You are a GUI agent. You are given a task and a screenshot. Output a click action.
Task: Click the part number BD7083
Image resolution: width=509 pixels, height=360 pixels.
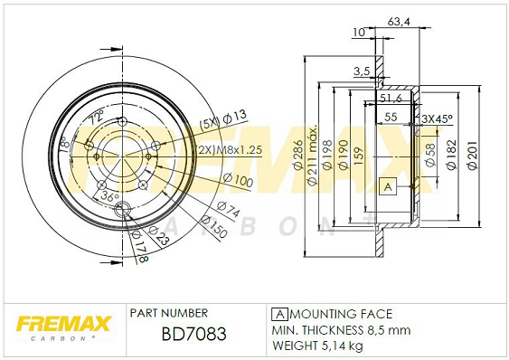[193, 334]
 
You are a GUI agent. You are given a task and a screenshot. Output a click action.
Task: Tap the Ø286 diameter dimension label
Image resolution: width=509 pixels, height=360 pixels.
[297, 155]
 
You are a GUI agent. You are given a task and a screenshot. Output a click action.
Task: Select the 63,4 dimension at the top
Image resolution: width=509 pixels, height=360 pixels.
[399, 22]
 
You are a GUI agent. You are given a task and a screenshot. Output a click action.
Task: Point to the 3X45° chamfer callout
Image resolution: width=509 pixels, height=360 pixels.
[437, 118]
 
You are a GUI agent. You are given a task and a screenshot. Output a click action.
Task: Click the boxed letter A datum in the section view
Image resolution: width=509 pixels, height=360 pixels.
[388, 186]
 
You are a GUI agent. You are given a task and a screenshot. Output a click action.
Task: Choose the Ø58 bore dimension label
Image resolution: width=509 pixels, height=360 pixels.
[430, 155]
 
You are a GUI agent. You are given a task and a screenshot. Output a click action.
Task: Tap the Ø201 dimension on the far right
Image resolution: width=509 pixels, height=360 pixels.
[473, 155]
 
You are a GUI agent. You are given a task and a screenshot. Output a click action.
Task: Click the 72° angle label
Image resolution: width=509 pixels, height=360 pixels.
[97, 117]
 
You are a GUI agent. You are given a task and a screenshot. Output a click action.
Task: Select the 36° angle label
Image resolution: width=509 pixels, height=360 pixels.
[109, 196]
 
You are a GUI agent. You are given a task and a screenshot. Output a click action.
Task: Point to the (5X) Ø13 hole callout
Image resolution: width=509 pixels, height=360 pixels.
[223, 120]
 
